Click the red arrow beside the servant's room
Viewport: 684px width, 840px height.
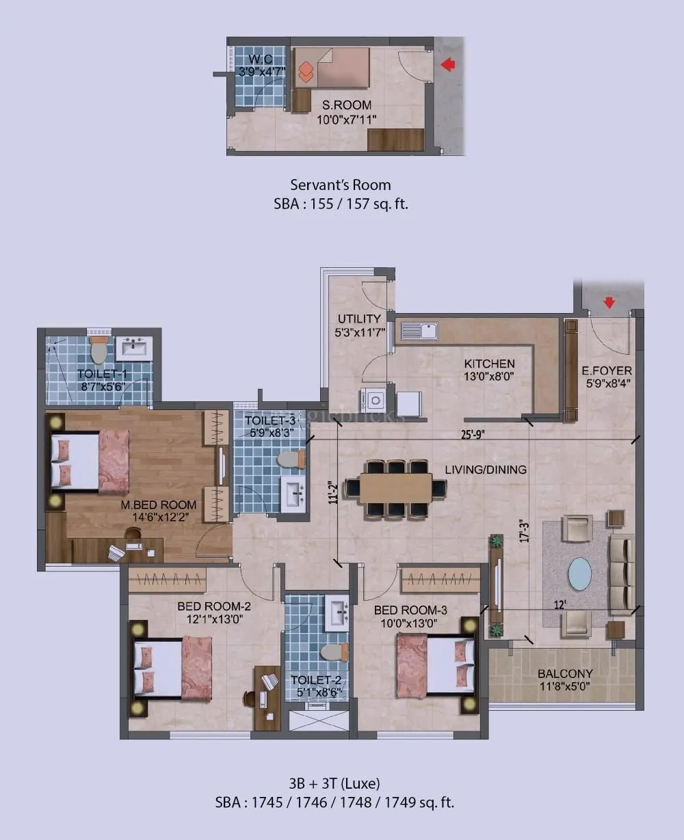pos(448,65)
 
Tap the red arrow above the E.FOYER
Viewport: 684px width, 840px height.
pos(609,302)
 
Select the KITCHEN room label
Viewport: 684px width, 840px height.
pos(489,364)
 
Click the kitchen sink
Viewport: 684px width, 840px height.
pos(419,331)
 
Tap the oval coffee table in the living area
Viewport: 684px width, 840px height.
pos(581,573)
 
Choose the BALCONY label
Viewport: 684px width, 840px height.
pos(565,673)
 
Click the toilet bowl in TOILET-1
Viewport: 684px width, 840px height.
pos(99,350)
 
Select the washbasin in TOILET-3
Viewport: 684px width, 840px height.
pos(295,493)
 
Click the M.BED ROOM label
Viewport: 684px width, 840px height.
pos(159,505)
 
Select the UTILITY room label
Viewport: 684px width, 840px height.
pos(359,319)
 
